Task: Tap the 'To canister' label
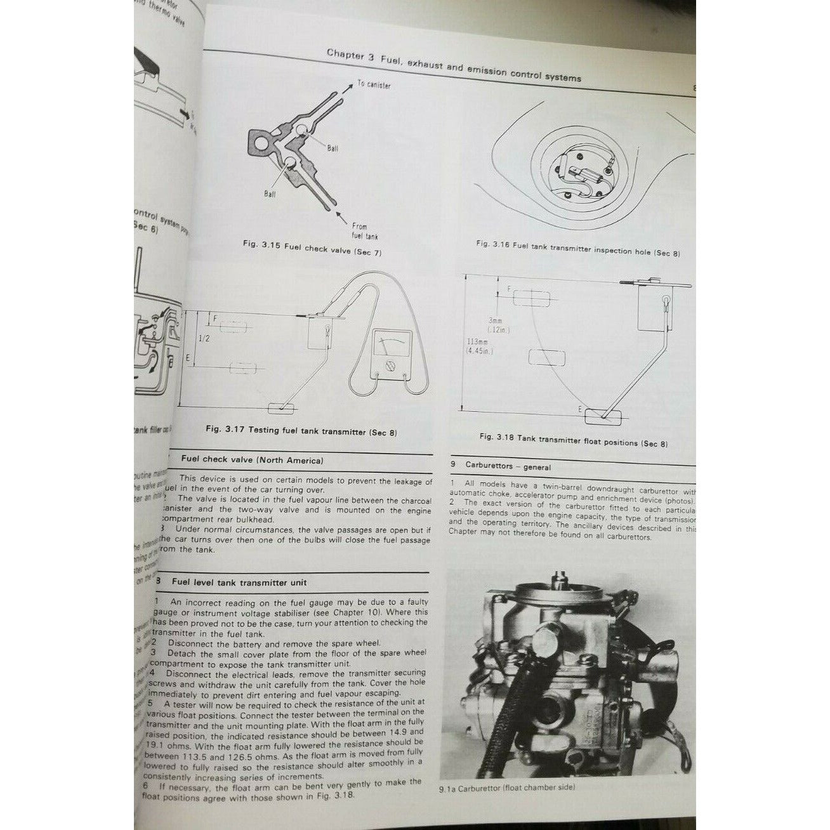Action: [x=374, y=84]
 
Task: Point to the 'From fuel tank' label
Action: [x=359, y=231]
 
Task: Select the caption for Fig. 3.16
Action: [x=577, y=248]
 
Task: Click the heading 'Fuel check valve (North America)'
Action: [x=252, y=461]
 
